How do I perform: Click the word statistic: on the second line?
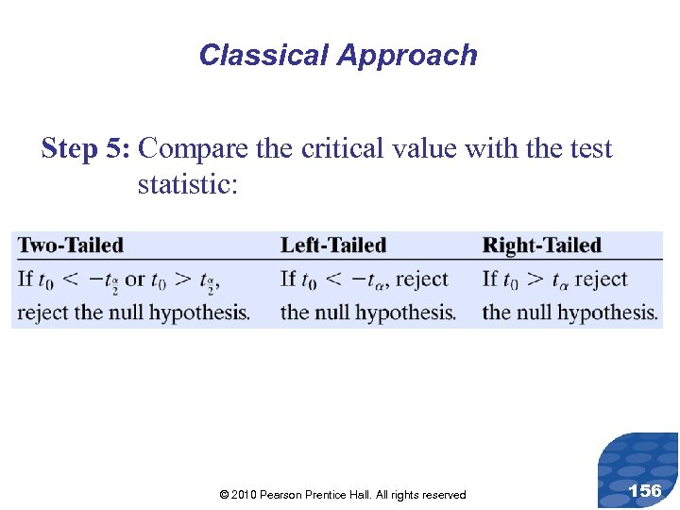188,184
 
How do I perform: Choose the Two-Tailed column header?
71,246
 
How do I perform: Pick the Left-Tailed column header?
333,246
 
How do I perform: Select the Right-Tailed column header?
541,246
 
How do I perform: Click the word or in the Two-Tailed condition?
135,280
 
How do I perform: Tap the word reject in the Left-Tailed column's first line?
422,280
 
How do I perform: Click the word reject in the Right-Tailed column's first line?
601,280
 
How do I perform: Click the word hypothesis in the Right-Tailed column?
610,313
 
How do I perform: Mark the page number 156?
644,490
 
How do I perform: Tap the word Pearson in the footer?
281,495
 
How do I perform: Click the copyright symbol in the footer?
223,495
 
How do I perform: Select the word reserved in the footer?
442,495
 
